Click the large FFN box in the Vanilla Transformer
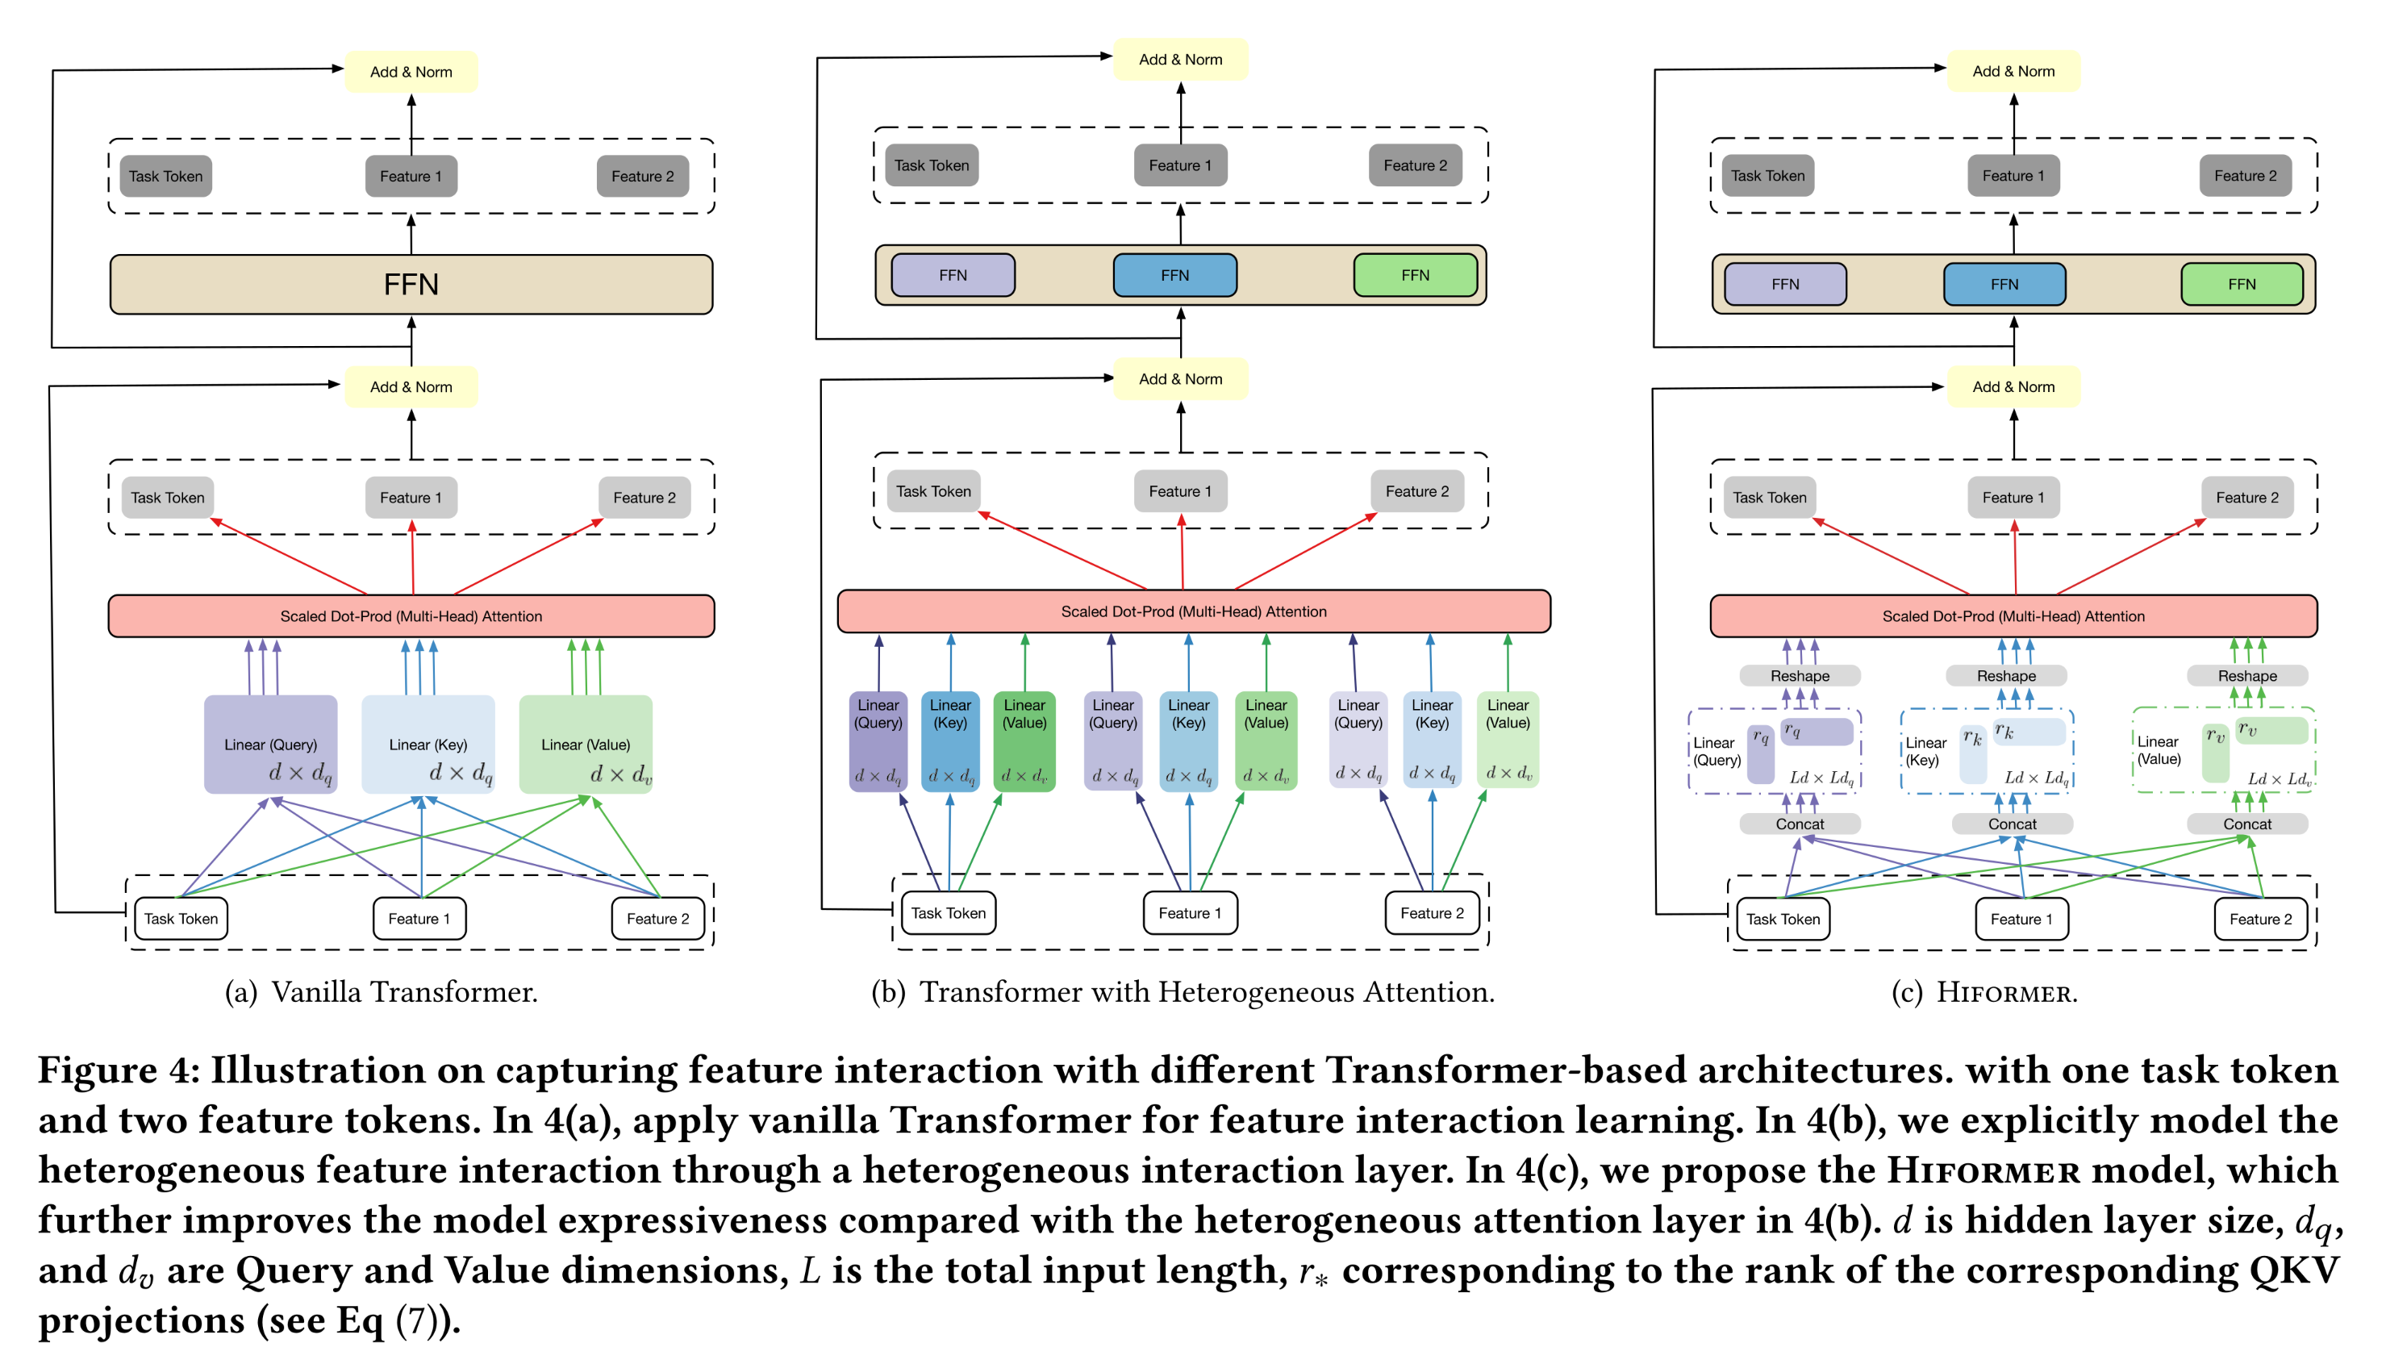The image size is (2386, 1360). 411,284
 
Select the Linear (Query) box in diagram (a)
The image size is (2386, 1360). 270,745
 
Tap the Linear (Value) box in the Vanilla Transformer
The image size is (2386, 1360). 586,745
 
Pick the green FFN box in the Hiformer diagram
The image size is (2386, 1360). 2242,284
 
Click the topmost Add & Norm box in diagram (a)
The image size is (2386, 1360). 411,72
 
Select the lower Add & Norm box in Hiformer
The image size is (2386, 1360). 2013,386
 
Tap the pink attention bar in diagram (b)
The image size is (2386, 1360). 1194,611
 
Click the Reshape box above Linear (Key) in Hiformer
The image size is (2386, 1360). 2006,675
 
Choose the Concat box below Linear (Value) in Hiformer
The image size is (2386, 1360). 2246,824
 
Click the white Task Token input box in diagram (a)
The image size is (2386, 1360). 181,919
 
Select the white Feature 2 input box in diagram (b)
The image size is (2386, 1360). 1432,913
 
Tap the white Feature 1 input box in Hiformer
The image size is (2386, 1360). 2021,919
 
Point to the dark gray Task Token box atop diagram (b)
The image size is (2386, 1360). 931,165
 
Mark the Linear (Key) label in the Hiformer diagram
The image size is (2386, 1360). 1925,751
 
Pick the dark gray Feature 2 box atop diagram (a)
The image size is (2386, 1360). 643,177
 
